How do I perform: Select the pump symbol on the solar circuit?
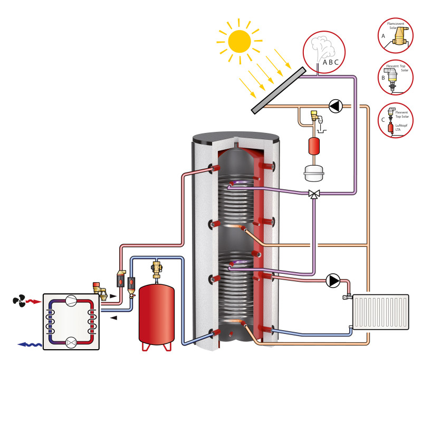click(x=335, y=106)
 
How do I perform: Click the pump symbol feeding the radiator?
click(x=333, y=280)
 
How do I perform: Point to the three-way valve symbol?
click(x=314, y=194)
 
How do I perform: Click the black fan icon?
click(x=20, y=301)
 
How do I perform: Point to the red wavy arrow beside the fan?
click(x=34, y=301)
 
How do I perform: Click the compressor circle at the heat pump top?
click(x=71, y=301)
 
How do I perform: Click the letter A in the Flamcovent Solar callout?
click(x=383, y=35)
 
